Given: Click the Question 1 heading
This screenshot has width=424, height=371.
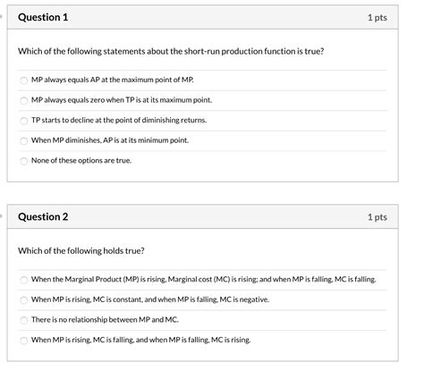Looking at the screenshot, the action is (43, 18).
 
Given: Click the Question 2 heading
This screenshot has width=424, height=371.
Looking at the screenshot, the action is (43, 217).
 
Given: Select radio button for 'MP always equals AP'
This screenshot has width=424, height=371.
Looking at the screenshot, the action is (23, 80).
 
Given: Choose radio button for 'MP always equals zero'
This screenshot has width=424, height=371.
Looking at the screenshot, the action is (23, 100).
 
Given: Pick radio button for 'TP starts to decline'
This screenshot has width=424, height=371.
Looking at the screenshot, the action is (23, 121).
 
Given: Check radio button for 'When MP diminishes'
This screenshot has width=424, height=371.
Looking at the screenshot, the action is (23, 141).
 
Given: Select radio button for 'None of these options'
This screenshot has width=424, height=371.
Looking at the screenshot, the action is (23, 162).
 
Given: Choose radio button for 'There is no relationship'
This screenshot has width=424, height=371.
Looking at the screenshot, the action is (23, 320).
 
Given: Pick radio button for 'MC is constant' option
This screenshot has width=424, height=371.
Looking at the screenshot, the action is (23, 299).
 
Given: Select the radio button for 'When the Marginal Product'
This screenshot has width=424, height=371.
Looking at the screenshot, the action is (23, 279).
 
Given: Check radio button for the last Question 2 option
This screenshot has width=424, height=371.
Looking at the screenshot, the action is (23, 341).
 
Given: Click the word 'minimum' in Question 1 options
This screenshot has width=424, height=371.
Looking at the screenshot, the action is (157, 140).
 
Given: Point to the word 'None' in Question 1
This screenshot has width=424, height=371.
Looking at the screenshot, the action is (40, 161).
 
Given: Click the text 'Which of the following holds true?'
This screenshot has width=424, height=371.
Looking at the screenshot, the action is (81, 250).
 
